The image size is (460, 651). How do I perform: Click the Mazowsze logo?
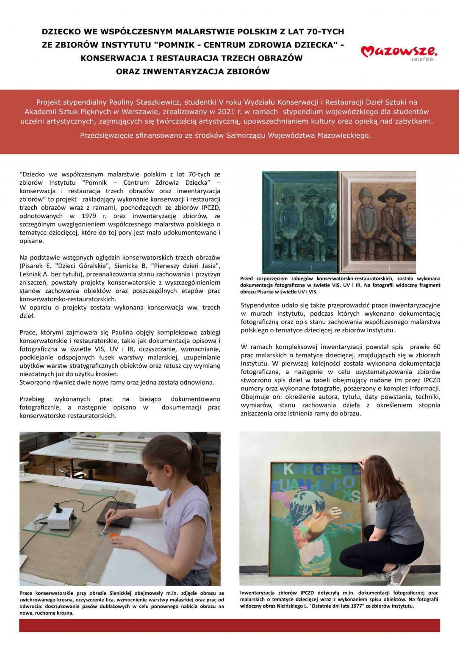click(399, 52)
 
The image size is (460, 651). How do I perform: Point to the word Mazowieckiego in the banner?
click(344, 136)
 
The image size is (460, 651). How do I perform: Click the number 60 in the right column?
click(436, 347)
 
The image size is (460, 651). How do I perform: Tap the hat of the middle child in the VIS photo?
click(391, 195)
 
